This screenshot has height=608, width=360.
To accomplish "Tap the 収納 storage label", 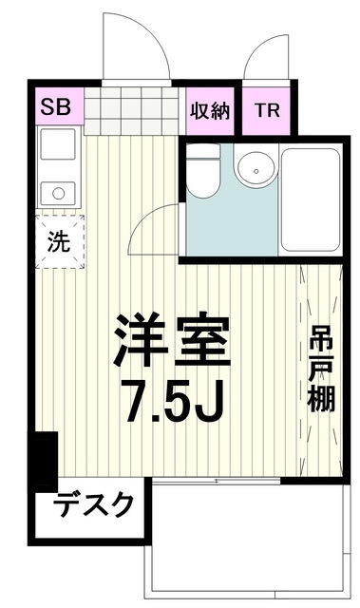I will (209, 109).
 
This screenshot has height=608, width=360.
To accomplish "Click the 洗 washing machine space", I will (60, 240).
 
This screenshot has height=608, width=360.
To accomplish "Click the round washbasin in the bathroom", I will (252, 173).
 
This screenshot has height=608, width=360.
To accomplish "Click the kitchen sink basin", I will (58, 145).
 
